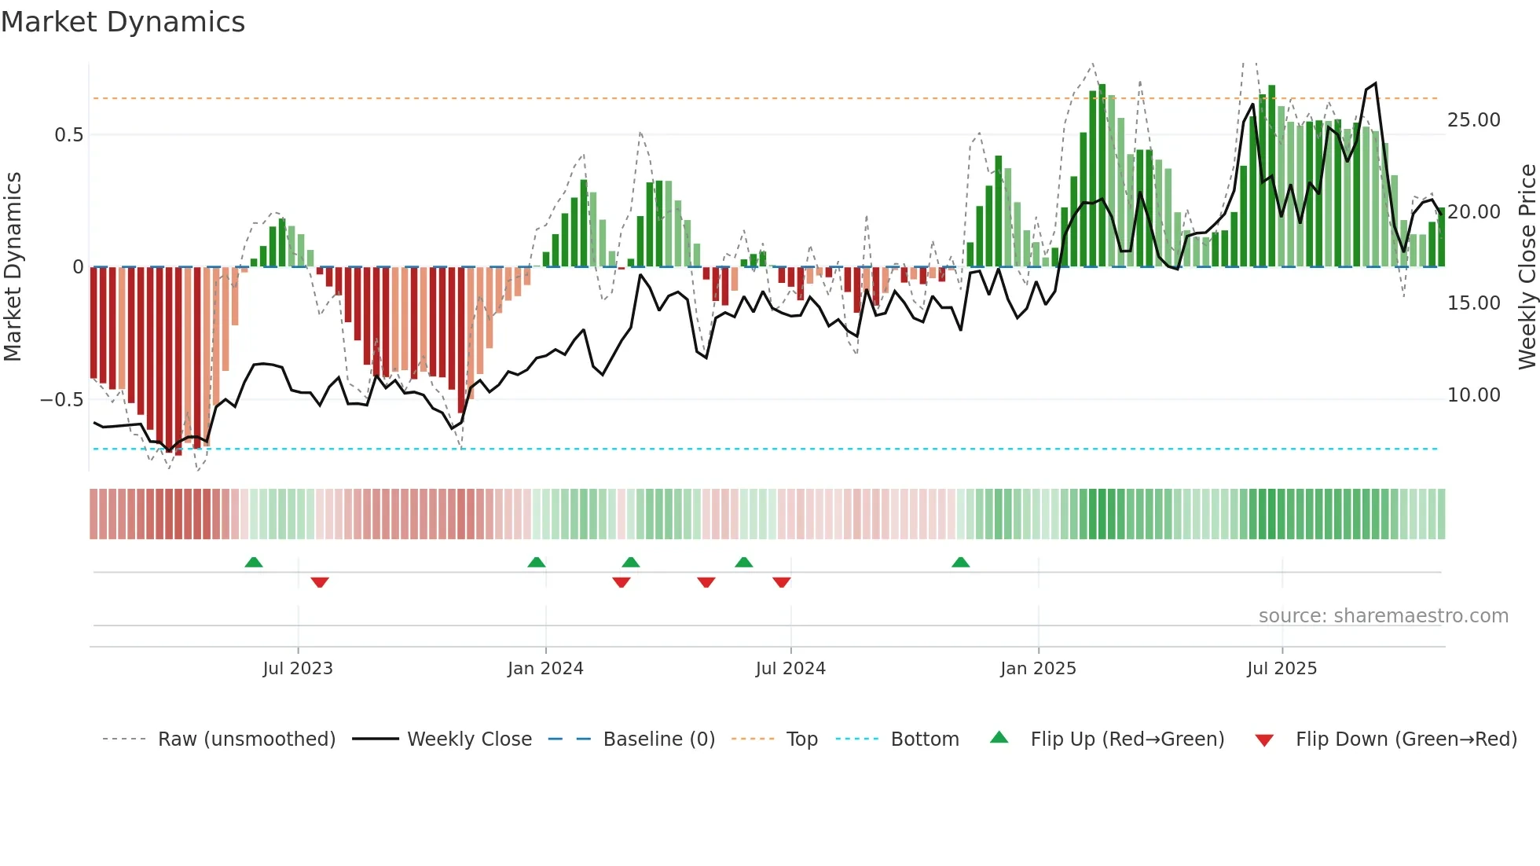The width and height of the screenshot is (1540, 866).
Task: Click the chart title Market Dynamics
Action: pos(123,22)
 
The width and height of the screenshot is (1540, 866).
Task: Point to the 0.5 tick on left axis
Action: pos(68,135)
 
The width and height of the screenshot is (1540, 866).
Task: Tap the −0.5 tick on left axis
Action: pos(62,400)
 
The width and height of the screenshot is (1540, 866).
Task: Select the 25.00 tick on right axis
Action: pos(1473,120)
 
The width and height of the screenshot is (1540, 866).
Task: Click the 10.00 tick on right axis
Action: pos(1473,395)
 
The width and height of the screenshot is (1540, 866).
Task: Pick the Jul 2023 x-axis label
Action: pos(298,669)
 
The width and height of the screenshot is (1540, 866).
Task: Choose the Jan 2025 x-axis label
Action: pos(1038,669)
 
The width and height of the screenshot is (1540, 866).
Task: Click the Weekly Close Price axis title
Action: pos(1527,266)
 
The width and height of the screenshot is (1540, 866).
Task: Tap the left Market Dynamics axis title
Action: pos(13,266)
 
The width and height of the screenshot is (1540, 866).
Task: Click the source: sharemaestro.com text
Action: pos(1383,616)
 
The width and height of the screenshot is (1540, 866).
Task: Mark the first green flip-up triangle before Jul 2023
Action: pos(253,563)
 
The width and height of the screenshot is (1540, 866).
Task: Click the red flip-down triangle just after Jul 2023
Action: pos(319,582)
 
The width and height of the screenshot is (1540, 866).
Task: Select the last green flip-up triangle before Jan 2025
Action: pos(960,563)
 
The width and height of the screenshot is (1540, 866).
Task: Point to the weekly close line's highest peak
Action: pos(1374,84)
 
